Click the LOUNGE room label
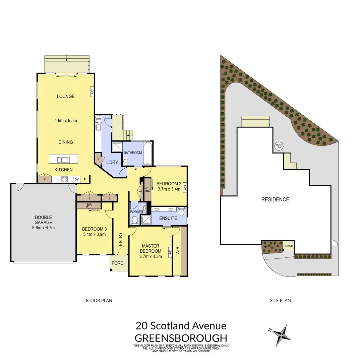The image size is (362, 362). click(x=66, y=97)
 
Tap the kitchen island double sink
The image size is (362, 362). click(x=63, y=160)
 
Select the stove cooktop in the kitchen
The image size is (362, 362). click(x=65, y=179)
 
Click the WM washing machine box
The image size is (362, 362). click(x=99, y=119)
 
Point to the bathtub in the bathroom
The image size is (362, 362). click(x=148, y=153)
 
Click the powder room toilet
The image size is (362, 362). click(x=135, y=220)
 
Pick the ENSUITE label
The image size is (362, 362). click(x=168, y=218)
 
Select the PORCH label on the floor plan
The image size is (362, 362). click(x=119, y=263)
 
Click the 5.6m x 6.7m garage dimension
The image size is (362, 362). click(x=43, y=228)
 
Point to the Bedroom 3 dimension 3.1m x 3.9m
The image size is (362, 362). click(x=94, y=234)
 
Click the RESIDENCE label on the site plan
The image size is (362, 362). click(x=275, y=199)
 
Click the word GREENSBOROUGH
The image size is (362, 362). click(x=181, y=338)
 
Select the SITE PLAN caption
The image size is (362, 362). click(x=280, y=301)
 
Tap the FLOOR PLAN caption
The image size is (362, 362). click(x=99, y=301)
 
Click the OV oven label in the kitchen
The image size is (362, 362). click(x=76, y=179)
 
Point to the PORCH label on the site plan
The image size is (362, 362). click(x=288, y=246)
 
